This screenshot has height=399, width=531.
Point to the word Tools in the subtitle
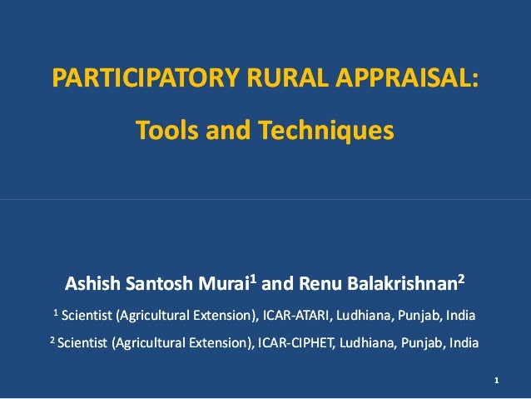163,131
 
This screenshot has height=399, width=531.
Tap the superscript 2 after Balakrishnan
461,280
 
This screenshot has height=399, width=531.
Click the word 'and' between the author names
276,286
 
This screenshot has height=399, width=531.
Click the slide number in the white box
496,382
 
